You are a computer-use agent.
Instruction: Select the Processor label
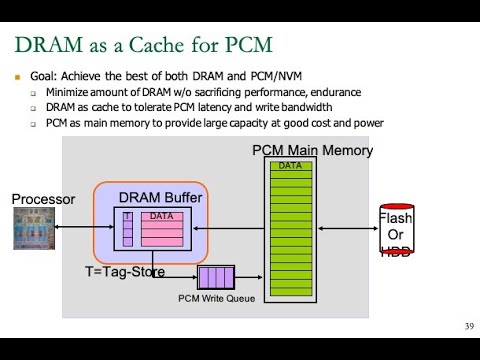tap(43, 199)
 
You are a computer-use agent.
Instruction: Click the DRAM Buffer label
tap(160, 198)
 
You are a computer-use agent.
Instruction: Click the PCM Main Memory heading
tap(312, 151)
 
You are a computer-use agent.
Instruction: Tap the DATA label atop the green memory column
tap(290, 165)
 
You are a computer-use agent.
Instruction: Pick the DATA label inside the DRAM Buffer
tap(161, 216)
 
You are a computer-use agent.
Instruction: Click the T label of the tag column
tap(127, 216)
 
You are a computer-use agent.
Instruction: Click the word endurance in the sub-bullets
tap(282, 92)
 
